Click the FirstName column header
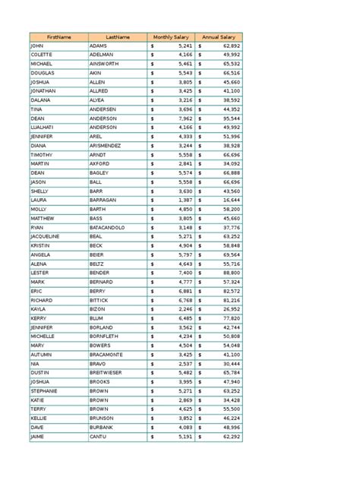pos(58,36)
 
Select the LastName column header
pos(118,36)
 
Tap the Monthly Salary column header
pos(172,36)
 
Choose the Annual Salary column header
pos(219,36)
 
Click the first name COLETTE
pos(41,55)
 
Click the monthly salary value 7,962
pos(183,118)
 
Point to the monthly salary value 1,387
pos(183,200)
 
